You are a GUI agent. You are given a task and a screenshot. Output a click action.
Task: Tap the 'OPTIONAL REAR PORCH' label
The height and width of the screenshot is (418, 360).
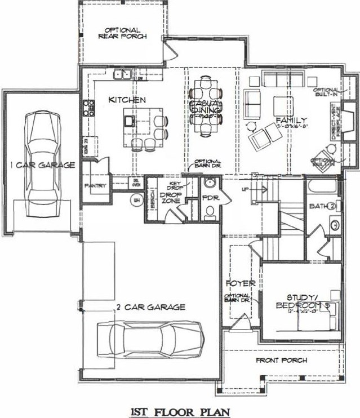[122, 33]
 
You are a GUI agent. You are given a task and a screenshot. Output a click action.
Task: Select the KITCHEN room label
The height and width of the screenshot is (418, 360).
[127, 99]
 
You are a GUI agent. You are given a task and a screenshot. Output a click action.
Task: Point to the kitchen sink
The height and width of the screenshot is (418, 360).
[122, 73]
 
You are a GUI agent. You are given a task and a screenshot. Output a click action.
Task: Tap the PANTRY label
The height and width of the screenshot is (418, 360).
[95, 185]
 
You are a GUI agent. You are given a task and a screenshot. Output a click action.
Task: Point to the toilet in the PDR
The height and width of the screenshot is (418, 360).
[210, 211]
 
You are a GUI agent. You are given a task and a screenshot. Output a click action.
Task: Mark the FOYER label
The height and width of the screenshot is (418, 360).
[237, 282]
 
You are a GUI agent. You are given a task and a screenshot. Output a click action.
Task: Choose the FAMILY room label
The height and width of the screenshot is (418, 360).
[291, 120]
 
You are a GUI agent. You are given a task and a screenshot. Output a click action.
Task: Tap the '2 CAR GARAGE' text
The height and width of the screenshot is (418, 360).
[151, 307]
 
